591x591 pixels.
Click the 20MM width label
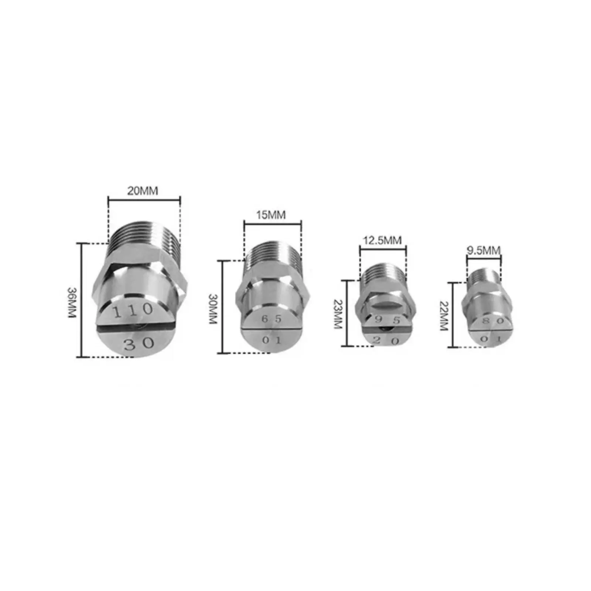(x=143, y=191)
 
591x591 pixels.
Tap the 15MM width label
(x=271, y=215)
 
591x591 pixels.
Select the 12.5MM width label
(x=382, y=240)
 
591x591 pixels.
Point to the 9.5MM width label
(x=484, y=250)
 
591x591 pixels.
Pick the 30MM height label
(x=213, y=309)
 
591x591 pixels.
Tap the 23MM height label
(x=338, y=314)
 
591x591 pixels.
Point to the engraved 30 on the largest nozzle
(x=139, y=344)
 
